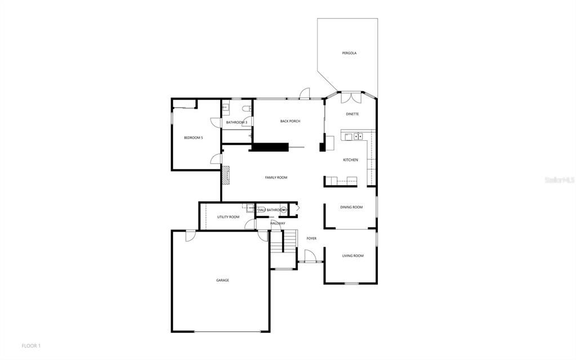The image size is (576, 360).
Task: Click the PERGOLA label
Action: click(349, 53)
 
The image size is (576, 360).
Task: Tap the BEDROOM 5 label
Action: click(193, 137)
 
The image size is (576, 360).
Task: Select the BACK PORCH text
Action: click(290, 121)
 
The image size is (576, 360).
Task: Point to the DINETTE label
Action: click(352, 114)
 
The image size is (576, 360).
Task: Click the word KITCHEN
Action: click(351, 160)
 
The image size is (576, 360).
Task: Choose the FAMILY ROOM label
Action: click(276, 177)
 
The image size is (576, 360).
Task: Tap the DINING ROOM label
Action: click(351, 207)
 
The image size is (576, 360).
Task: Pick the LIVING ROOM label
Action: click(352, 256)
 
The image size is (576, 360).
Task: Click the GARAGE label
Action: click(222, 280)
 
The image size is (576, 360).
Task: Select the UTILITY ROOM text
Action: click(228, 217)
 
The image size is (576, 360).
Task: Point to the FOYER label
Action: click(311, 238)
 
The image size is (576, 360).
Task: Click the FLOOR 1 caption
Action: click(31, 345)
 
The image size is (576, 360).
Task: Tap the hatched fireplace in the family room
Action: click(226, 175)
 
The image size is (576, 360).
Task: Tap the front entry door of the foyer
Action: click(310, 257)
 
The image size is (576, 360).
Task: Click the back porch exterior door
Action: click(305, 94)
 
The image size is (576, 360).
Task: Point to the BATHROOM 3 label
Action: click(236, 122)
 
